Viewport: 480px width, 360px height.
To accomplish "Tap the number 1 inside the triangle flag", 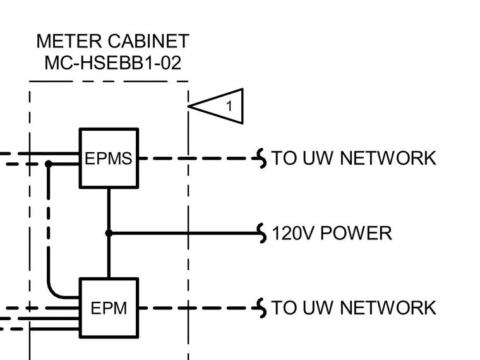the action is [229, 106].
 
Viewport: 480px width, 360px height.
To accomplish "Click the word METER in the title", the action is [69, 41].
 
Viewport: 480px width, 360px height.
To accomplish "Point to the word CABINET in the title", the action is [148, 41].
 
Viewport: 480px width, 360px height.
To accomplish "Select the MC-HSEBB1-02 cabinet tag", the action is [112, 63].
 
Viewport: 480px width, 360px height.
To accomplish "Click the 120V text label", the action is [293, 233].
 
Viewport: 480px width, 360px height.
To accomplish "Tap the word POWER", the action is [356, 233].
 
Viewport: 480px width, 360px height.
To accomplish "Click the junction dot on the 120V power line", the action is [109, 233].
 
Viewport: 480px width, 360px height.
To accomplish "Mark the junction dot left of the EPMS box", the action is [49, 164].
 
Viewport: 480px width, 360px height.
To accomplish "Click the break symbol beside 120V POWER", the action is [261, 233].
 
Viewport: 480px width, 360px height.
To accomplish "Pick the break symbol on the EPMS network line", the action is [261, 159].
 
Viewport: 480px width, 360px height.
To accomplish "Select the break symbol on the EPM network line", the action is [261, 308].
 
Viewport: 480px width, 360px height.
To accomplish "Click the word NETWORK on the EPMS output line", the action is [388, 159].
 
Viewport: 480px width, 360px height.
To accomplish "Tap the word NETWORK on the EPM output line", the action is [388, 308].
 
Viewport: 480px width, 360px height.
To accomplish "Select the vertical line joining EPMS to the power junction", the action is [109, 210].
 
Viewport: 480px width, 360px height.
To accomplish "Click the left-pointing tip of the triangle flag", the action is [188, 106].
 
